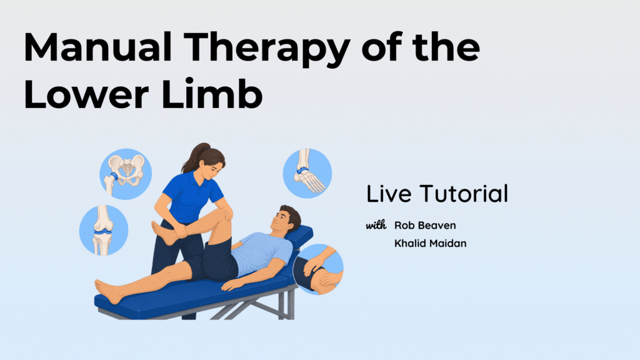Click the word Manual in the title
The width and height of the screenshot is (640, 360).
(x=97, y=47)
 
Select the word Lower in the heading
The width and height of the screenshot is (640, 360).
(x=86, y=94)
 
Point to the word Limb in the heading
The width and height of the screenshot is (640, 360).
(x=212, y=94)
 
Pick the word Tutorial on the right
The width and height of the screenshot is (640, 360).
(x=464, y=194)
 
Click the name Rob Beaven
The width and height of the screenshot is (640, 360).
(x=425, y=225)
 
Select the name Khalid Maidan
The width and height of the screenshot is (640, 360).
(x=430, y=243)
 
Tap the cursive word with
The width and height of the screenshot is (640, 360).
(x=376, y=225)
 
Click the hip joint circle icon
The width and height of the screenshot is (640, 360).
(x=126, y=174)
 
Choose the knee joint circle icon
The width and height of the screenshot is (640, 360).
(x=104, y=230)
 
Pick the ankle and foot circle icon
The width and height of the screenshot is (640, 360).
(x=307, y=173)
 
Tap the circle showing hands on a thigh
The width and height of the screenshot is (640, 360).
(x=318, y=269)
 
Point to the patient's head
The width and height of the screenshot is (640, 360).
(x=286, y=220)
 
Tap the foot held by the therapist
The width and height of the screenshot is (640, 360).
(x=163, y=232)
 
